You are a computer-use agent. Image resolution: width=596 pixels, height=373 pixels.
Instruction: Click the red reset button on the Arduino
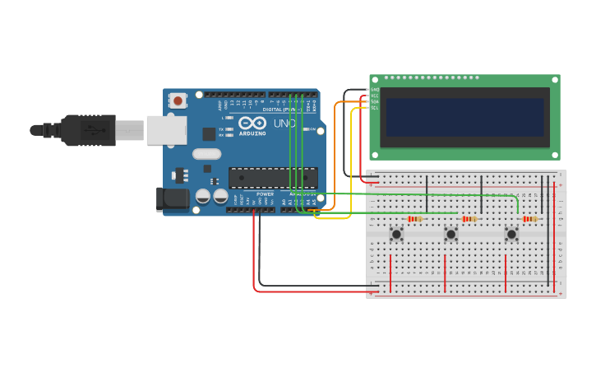[x=178, y=100]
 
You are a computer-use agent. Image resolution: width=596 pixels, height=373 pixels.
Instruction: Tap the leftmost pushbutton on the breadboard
[x=396, y=235]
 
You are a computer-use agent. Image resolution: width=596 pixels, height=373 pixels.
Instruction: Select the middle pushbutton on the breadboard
[x=451, y=235]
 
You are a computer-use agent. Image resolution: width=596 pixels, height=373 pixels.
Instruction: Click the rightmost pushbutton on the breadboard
[x=511, y=235]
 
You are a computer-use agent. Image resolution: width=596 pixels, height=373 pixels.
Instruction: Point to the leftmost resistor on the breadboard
[x=414, y=219]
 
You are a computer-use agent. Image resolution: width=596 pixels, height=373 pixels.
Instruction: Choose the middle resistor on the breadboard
[x=469, y=219]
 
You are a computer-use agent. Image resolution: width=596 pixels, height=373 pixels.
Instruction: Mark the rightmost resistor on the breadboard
[x=529, y=219]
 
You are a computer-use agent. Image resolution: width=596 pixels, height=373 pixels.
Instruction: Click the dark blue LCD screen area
[x=464, y=117]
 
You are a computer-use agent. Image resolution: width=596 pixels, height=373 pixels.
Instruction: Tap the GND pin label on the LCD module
[x=375, y=90]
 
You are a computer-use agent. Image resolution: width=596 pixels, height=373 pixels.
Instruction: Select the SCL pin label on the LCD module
[x=375, y=108]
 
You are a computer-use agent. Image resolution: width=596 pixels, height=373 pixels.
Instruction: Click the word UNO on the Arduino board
[x=284, y=124]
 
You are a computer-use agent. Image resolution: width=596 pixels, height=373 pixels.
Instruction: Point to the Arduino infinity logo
[x=252, y=123]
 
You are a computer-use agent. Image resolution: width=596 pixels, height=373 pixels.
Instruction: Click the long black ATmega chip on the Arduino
[x=273, y=177]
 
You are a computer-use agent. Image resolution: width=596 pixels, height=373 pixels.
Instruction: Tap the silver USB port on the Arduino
[x=166, y=130]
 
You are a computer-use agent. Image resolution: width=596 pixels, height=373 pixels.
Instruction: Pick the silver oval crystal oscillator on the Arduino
[x=207, y=154]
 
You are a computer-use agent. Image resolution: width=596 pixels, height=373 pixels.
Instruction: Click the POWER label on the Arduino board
[x=265, y=194]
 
